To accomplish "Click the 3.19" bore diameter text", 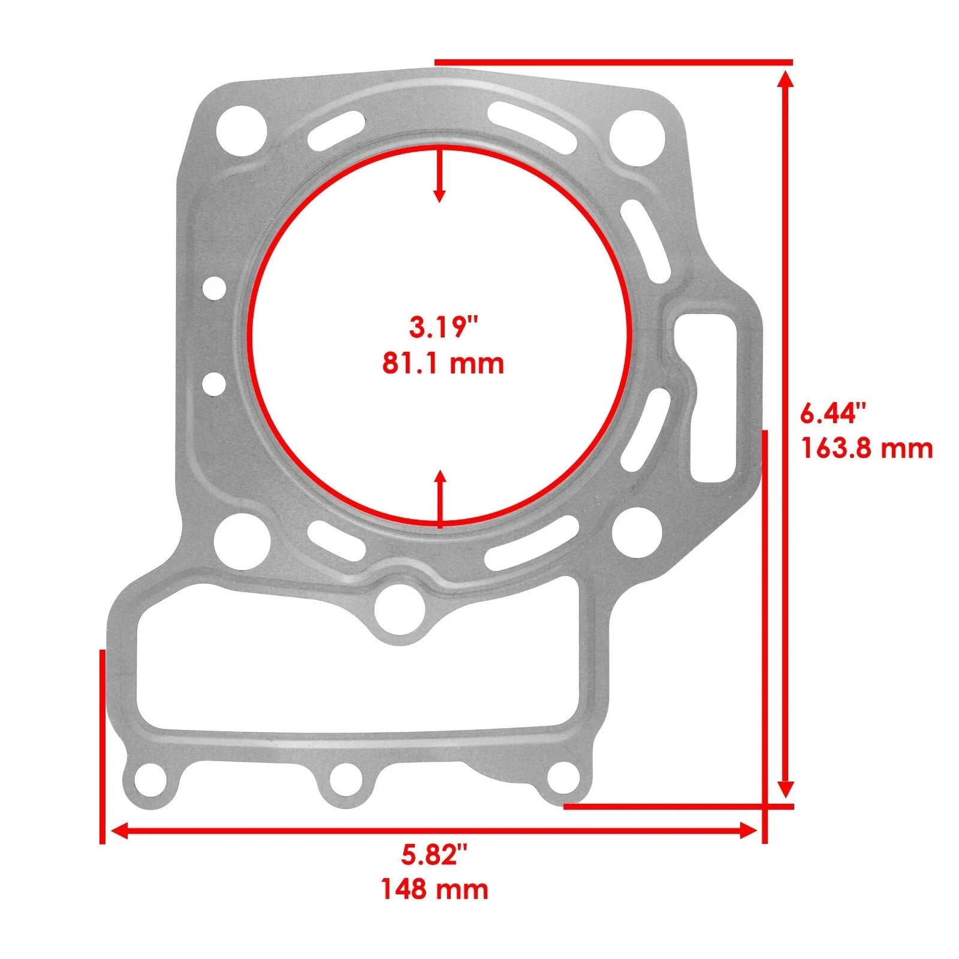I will coord(444,328).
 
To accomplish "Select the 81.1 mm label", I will coord(444,364).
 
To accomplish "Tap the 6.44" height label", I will coord(834,413).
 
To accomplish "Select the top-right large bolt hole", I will coord(637,137).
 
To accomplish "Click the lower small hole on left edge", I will coord(214,382).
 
